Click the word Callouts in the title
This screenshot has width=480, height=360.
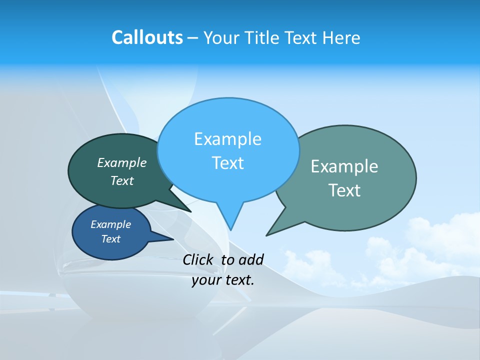147,37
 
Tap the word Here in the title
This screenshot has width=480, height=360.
341,37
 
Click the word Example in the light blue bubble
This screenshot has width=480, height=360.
227,138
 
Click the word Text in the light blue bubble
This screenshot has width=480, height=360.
227,163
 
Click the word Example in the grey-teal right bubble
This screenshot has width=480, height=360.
344,166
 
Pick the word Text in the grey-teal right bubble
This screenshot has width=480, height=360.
344,190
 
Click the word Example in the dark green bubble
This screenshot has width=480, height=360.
121,162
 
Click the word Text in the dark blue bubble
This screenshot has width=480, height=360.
110,239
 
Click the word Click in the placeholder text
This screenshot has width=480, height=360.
199,259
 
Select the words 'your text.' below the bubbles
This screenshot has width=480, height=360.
223,280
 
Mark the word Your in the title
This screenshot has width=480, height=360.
220,37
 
